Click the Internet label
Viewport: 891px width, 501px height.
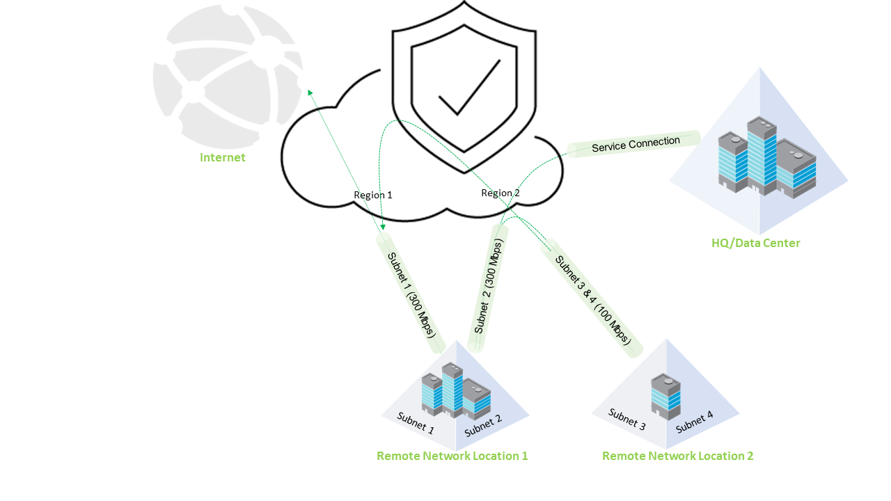click(x=223, y=157)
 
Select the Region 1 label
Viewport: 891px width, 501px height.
click(x=373, y=195)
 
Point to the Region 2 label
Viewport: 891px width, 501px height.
click(x=500, y=193)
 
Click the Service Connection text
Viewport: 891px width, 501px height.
click(x=636, y=144)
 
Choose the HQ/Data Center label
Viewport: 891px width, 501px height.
click(x=755, y=243)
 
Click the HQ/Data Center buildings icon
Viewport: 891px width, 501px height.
click(x=766, y=158)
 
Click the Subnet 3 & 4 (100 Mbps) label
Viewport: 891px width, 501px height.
click(x=593, y=300)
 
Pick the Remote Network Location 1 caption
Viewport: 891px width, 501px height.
click(x=452, y=456)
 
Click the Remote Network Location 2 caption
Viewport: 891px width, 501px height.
click(x=677, y=456)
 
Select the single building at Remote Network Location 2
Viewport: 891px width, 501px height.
click(x=665, y=395)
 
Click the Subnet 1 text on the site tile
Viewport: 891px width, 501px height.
click(x=416, y=422)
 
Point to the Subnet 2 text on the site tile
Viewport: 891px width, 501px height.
click(x=483, y=425)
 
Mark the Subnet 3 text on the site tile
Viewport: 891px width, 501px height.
click(x=627, y=419)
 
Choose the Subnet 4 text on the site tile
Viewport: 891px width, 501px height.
click(x=694, y=422)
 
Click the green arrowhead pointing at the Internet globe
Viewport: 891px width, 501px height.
click(x=310, y=92)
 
